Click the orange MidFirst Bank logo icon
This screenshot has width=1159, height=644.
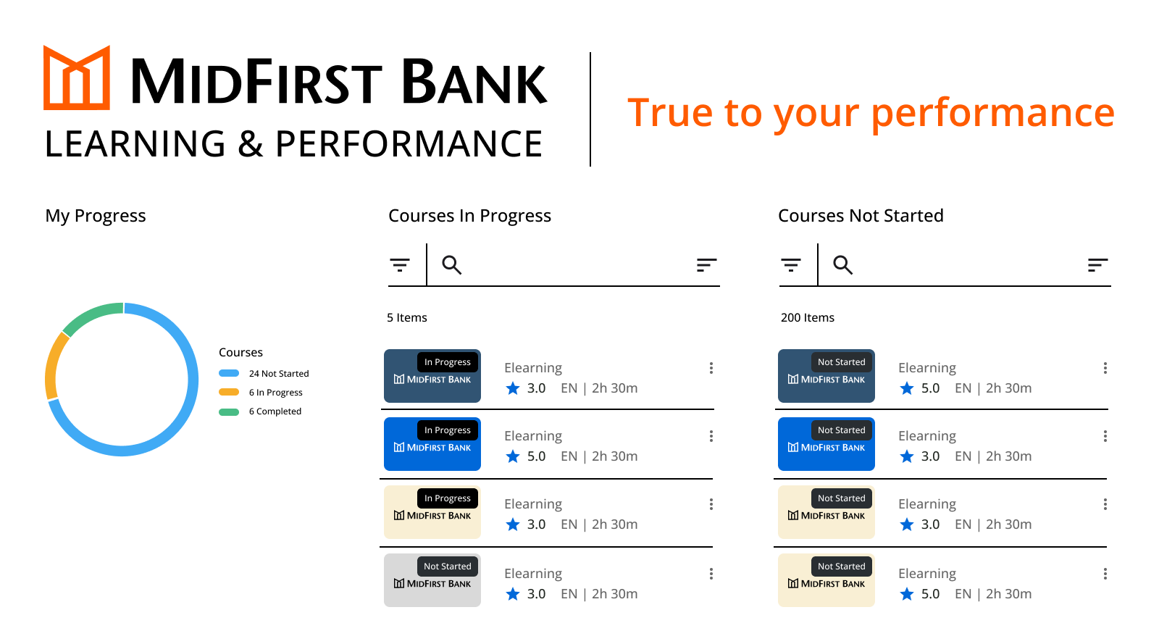(77, 78)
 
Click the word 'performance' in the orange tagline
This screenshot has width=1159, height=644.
(992, 114)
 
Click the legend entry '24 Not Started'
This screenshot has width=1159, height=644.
(264, 374)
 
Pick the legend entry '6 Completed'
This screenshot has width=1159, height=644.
(260, 411)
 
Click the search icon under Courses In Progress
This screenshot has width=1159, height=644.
(452, 265)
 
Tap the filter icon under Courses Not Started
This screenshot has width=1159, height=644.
(790, 265)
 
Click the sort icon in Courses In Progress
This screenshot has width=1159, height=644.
(706, 265)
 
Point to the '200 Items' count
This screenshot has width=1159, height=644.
(807, 317)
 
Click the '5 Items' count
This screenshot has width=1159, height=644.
(406, 317)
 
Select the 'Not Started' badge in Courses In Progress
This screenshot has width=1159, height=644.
(448, 566)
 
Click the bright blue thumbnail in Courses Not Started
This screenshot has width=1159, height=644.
(827, 444)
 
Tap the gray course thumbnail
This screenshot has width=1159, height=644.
(432, 580)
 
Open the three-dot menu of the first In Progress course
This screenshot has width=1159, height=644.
(711, 368)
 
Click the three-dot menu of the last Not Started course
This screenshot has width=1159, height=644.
(1105, 574)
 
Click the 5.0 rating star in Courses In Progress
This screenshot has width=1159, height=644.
(513, 456)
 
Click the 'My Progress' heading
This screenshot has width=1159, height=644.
(95, 216)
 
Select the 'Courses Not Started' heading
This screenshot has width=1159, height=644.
(861, 216)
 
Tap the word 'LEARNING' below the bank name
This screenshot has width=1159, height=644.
(135, 144)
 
